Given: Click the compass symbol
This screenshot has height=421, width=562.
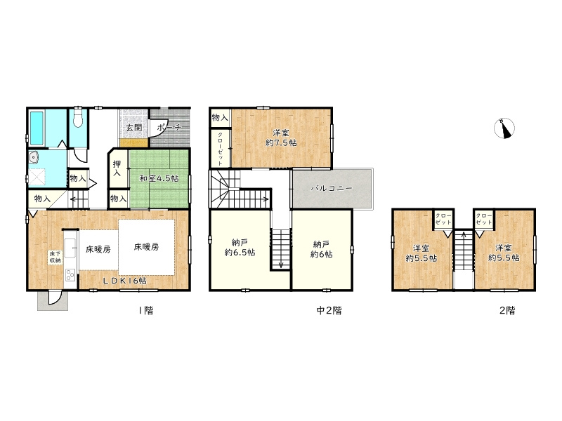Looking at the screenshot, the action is (x=504, y=128).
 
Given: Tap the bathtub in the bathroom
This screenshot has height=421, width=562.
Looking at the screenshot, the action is (x=37, y=128).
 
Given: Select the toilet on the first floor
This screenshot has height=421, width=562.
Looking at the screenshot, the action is (x=78, y=118).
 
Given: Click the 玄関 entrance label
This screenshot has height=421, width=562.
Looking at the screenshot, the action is (x=134, y=127).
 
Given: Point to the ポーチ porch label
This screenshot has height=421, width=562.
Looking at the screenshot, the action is (x=169, y=127).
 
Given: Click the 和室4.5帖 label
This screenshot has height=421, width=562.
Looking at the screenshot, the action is (x=159, y=178).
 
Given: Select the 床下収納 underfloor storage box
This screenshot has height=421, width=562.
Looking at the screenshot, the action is (x=55, y=257).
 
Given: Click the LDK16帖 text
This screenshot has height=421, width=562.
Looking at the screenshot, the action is (x=125, y=281).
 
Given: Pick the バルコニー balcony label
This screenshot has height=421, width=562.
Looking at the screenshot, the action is (x=332, y=188).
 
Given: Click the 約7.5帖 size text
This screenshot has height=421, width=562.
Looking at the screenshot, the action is (x=281, y=143).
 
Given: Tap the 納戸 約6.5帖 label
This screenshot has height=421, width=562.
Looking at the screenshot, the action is (x=240, y=248).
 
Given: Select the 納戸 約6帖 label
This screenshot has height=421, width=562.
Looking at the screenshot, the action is (x=322, y=250).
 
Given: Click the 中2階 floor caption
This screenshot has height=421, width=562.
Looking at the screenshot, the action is (x=329, y=310).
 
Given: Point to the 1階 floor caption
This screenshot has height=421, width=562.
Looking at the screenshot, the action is (x=146, y=310).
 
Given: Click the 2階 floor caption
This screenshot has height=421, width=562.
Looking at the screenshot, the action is (x=507, y=310).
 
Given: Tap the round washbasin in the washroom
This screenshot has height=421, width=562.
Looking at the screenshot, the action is (x=33, y=157).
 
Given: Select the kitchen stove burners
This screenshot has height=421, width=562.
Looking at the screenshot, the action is (x=70, y=276).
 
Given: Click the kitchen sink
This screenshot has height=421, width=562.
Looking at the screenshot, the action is (x=69, y=248).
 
